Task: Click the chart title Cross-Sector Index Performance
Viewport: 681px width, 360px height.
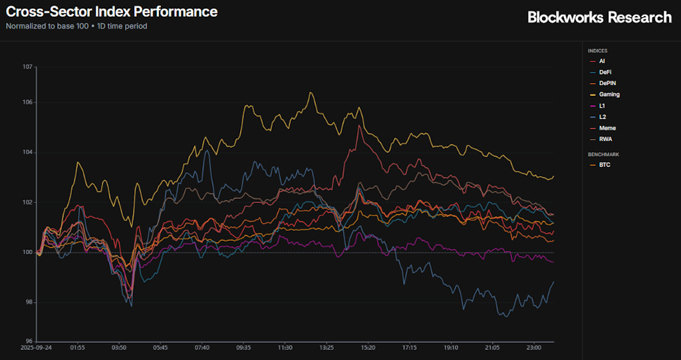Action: [x=112, y=11]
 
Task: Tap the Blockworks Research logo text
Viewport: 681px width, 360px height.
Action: [x=599, y=17]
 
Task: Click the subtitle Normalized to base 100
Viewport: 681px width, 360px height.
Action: [x=47, y=26]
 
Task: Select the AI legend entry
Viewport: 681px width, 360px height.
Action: [x=601, y=61]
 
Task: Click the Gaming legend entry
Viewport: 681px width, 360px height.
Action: [x=609, y=94]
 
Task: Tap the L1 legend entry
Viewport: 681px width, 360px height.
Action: [x=601, y=106]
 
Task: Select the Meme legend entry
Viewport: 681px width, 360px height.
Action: [x=607, y=128]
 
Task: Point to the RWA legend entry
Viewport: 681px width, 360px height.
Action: [x=605, y=139]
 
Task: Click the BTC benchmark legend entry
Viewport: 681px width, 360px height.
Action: [x=604, y=164]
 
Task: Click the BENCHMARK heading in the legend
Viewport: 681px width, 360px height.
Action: [x=603, y=154]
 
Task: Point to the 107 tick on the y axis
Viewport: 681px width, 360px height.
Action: [x=27, y=67]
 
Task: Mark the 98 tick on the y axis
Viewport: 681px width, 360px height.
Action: [x=29, y=302]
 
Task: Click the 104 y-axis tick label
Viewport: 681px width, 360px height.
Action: [x=27, y=152]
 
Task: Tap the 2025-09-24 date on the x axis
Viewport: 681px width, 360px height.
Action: [x=36, y=347]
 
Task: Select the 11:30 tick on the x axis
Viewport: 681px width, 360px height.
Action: [x=285, y=347]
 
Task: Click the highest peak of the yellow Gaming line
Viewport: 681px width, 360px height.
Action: [x=311, y=92]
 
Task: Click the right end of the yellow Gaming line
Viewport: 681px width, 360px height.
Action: [x=554, y=176]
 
